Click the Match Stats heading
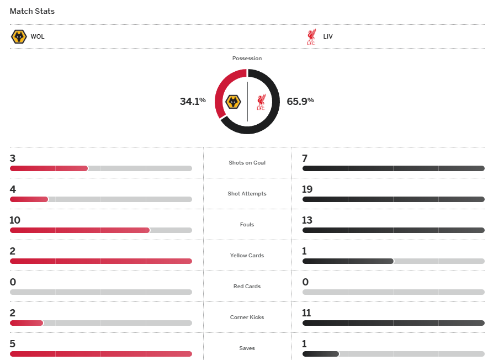tap(32, 11)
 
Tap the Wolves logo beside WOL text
tap(19, 37)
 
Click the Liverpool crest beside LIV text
tap(311, 37)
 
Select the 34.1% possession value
tap(193, 101)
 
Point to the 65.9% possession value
tap(300, 101)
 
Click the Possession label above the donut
tap(247, 59)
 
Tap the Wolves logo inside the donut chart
tap(234, 102)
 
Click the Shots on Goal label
tap(247, 163)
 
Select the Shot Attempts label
tap(247, 194)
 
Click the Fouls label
tap(247, 225)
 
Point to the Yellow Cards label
tap(247, 256)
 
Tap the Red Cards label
tap(247, 287)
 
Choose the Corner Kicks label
tap(247, 317)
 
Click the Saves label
tap(247, 348)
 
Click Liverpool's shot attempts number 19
tap(307, 189)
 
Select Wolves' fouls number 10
tap(15, 220)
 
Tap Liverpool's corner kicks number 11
tap(307, 313)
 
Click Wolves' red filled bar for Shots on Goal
tap(49, 168)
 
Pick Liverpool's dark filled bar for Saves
tap(320, 354)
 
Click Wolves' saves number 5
tap(13, 344)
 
